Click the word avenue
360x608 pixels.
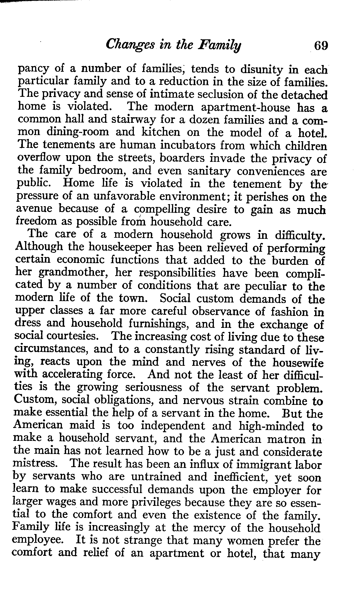click(x=35, y=209)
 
